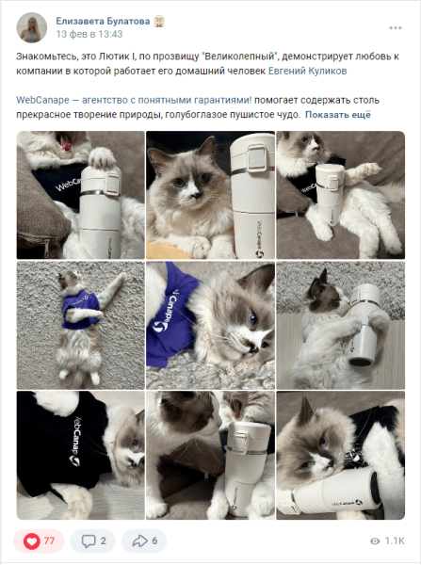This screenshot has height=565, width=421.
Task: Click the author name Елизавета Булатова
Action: [103, 22]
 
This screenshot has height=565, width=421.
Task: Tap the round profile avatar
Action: [32, 27]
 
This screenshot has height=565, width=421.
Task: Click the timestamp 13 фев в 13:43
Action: [89, 34]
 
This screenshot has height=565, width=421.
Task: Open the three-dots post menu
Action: [396, 28]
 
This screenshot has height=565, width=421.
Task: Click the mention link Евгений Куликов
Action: [307, 71]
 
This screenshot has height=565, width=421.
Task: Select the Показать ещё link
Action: [338, 115]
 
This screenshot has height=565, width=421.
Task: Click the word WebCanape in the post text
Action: [42, 100]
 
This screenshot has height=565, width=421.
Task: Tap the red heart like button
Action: [32, 541]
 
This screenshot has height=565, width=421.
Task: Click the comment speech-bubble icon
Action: [89, 541]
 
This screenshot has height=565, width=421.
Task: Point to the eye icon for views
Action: [375, 541]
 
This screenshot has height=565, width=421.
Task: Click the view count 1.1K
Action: [395, 541]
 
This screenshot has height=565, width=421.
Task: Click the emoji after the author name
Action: [159, 22]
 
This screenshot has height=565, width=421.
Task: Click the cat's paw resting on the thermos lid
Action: [103, 157]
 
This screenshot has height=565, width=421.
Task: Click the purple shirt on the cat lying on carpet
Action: [80, 309]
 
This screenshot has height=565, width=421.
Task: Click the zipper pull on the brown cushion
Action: [46, 250]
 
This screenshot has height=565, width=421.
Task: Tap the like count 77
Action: [49, 541]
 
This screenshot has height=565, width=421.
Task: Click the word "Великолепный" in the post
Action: [239, 56]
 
